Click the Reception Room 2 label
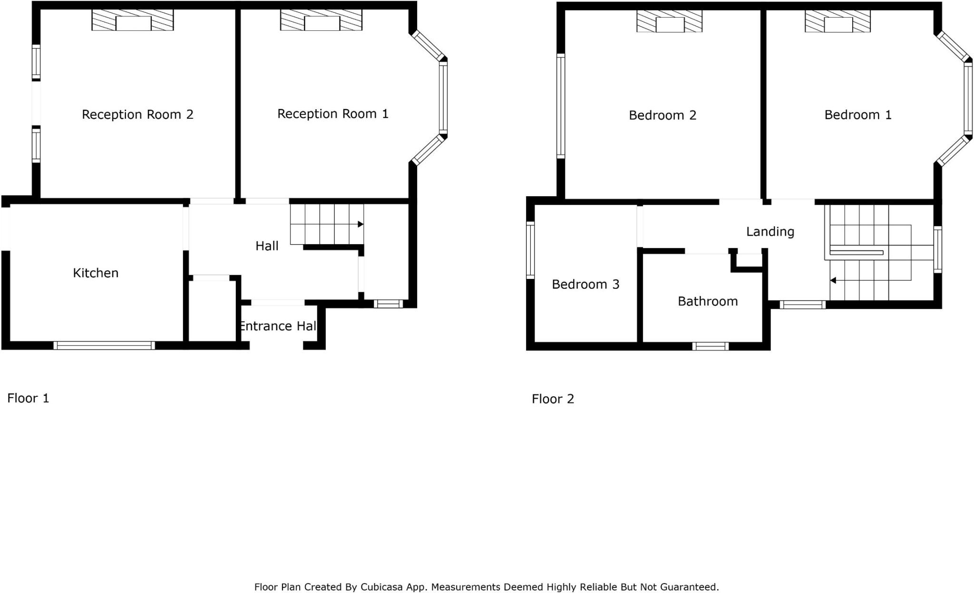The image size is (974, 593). coord(137,115)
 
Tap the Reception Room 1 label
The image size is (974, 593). coord(332,114)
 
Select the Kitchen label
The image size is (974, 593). coord(96,273)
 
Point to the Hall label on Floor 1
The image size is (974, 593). coord(267,246)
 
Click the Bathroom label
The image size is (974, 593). coord(708,301)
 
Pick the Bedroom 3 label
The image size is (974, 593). coord(585,285)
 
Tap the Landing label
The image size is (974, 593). coord(770,232)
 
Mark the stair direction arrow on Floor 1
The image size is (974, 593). coord(360,224)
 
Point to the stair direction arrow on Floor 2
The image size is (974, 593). coord(833,280)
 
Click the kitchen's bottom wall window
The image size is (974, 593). coord(104,345)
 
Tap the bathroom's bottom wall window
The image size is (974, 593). coord(710,346)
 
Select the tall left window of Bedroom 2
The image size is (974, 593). coord(561,106)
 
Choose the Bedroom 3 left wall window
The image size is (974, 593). coord(530,250)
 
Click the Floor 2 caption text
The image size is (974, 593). coord(553,399)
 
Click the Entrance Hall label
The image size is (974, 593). coord(278,326)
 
